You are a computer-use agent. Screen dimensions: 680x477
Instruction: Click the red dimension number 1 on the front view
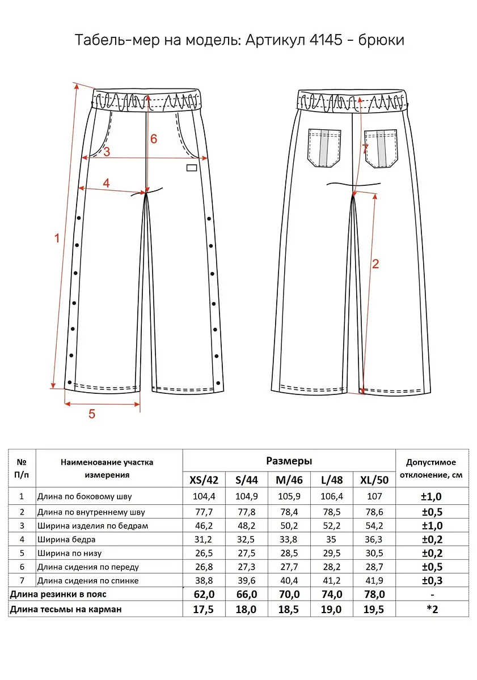pos(56,239)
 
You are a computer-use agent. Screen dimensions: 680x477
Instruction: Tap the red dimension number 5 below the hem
pos(92,414)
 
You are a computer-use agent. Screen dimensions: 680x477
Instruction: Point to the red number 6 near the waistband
pos(153,139)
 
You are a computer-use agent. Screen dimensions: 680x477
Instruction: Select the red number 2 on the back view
pos(375,263)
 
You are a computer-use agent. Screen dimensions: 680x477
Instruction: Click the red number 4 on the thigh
pos(106,182)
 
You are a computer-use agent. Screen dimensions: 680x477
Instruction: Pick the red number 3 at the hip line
pos(106,151)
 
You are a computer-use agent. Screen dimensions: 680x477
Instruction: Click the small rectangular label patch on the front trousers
pos(192,167)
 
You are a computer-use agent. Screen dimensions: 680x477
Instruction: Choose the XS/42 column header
pos(204,480)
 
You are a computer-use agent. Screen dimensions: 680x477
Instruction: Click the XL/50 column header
pos(374,480)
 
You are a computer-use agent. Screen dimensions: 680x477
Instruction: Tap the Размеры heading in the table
pos(289,461)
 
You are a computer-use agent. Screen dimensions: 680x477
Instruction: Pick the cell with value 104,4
pos(204,496)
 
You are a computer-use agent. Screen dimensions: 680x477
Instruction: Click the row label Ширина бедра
pos(66,539)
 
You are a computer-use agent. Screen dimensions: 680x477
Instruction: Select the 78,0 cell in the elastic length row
pos(374,594)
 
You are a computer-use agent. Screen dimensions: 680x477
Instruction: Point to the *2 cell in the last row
pos(432,609)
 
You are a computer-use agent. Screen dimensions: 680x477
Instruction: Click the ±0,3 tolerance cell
pos(432,580)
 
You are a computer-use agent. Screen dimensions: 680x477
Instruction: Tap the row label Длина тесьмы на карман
pos(66,609)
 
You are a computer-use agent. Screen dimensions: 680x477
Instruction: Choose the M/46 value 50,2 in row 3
pos(289,525)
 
